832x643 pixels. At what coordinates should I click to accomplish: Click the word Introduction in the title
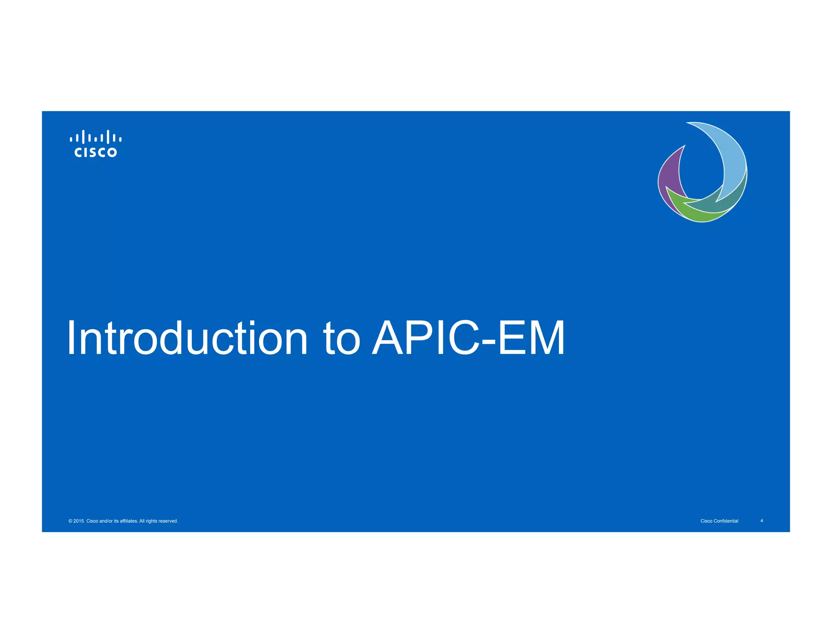coord(187,338)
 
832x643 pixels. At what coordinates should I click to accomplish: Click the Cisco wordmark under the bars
coord(95,152)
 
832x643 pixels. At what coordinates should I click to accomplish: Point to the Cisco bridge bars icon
coord(95,137)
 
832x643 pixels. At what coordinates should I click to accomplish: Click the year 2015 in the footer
coord(78,521)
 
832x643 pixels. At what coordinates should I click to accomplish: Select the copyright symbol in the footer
coord(70,521)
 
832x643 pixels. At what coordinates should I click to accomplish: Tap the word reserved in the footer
coord(168,521)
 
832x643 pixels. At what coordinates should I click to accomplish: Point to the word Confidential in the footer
coord(726,521)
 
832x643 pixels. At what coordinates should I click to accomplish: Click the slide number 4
coord(762,521)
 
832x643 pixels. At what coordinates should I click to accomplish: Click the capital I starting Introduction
coord(71,338)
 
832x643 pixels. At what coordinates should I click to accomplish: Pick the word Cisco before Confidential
coord(706,521)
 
